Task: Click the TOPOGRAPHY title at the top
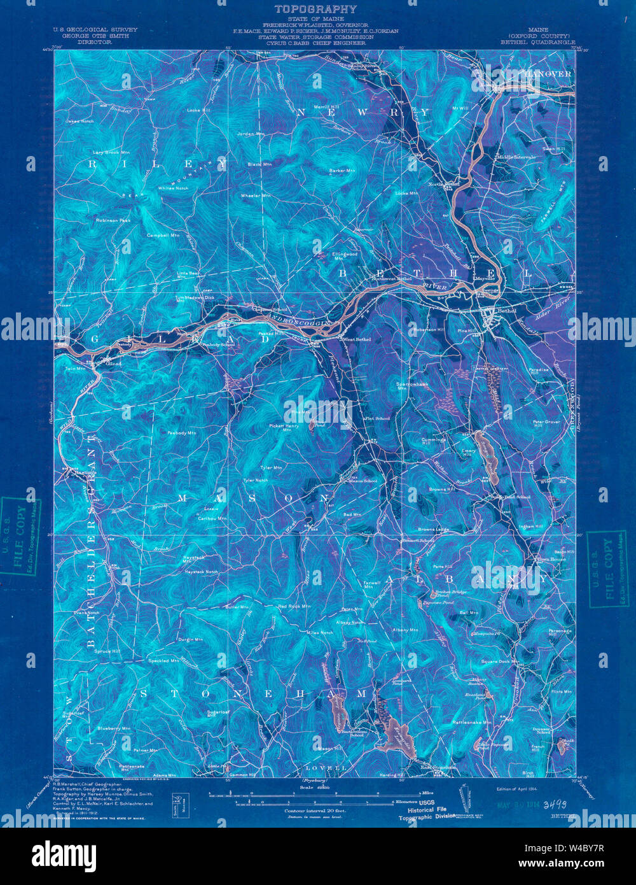pyautogui.click(x=315, y=9)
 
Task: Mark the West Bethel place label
pyautogui.click(x=340, y=339)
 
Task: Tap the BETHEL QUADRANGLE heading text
pyautogui.click(x=537, y=44)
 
